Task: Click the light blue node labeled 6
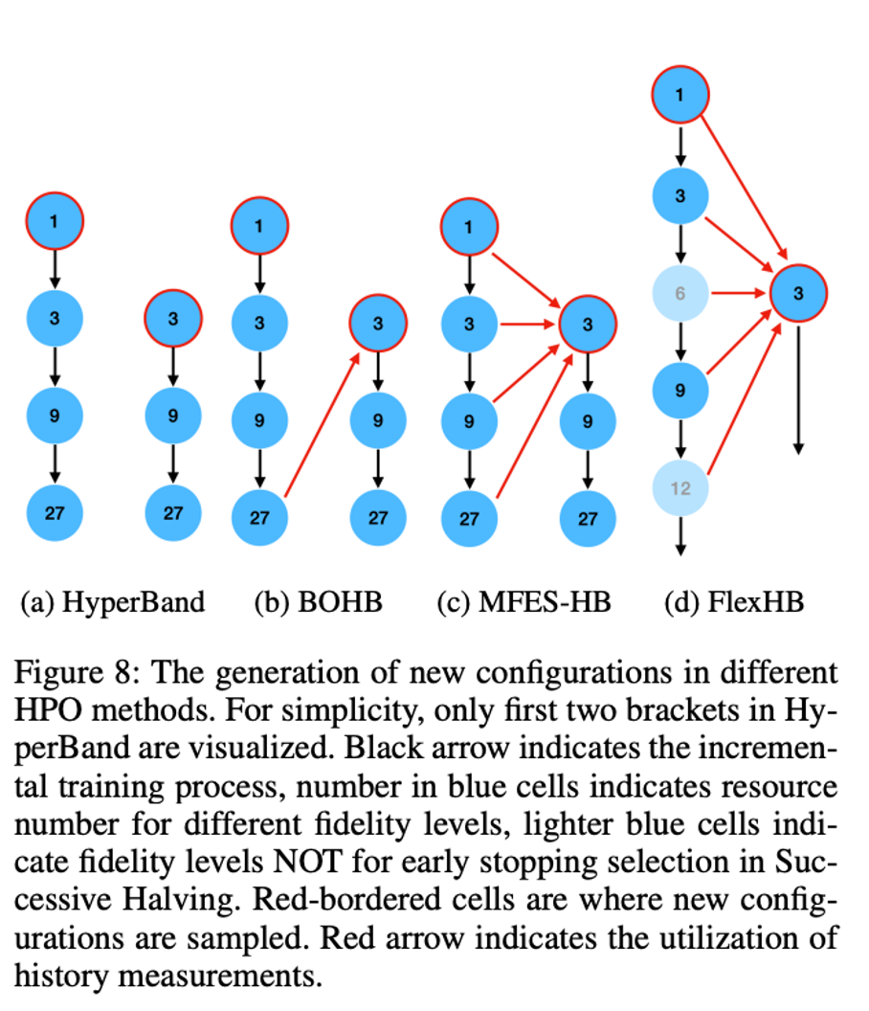pos(680,293)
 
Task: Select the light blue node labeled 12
pos(680,488)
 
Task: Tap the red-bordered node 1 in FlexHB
pos(680,96)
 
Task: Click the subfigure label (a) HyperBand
pos(113,602)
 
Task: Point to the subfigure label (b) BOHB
pos(319,602)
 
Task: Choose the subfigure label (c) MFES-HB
pos(524,602)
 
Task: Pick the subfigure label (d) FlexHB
pos(734,602)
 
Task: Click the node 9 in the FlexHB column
pos(680,391)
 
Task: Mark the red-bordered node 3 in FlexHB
pos(798,293)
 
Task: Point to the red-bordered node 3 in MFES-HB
pos(587,325)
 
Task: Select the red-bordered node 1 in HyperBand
pos(55,221)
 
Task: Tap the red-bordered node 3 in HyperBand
pos(173,319)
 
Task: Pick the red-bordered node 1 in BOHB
pos(259,225)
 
